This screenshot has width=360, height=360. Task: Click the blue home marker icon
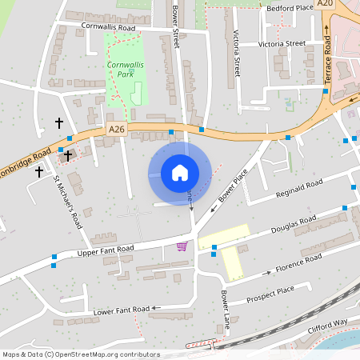[180, 173]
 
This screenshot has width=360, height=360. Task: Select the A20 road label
[324, 4]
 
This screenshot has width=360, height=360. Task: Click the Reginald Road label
[298, 189]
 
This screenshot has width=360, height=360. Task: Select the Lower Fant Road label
[122, 309]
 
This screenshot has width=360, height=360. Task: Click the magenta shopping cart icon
[182, 246]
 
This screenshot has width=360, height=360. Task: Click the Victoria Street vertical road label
[237, 49]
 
